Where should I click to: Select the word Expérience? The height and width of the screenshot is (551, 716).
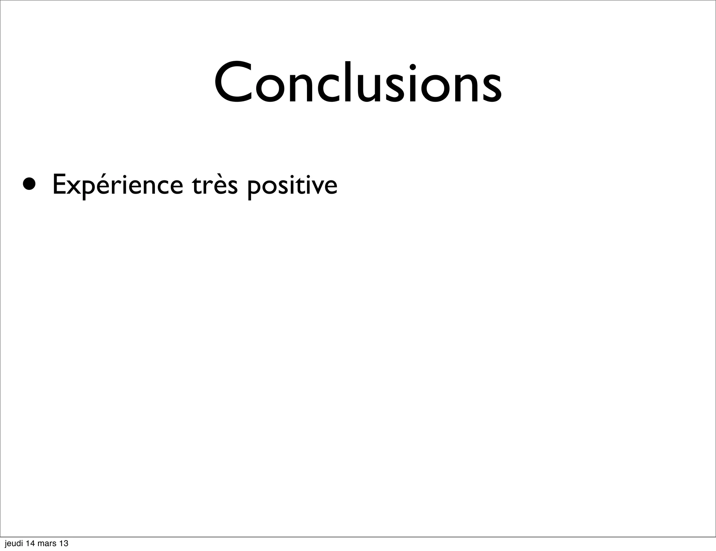coord(117,185)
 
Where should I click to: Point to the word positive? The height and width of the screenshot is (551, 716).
coord(292,185)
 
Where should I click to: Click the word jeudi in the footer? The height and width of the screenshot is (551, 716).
coord(14,544)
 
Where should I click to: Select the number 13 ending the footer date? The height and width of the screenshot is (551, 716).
coord(64,544)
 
